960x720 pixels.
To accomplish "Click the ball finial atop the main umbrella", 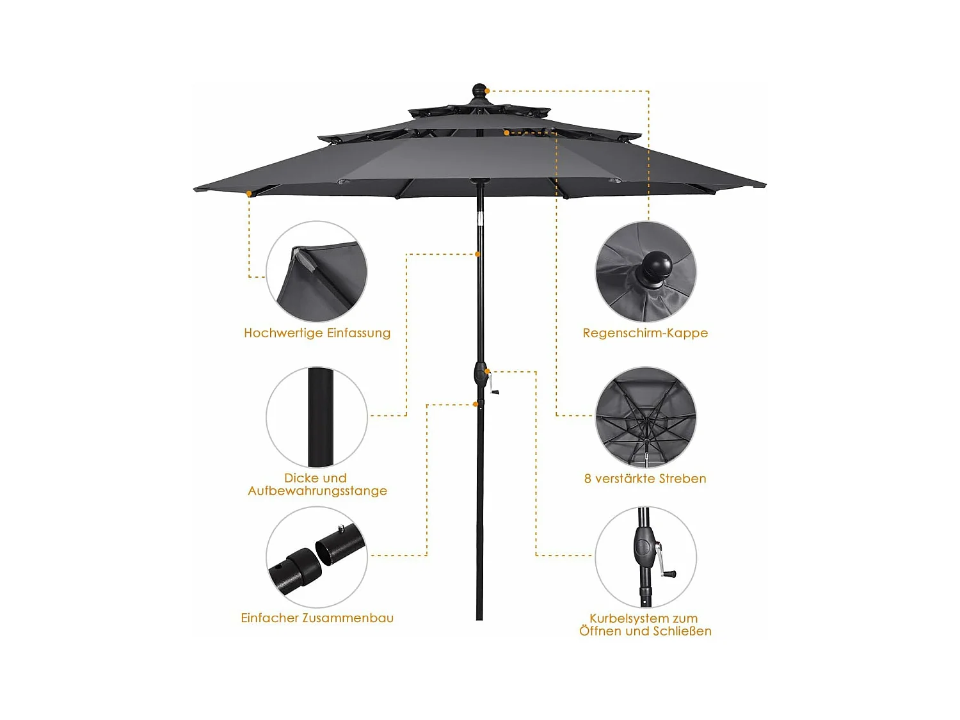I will (479, 90).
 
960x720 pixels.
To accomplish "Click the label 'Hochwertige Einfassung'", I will (317, 333).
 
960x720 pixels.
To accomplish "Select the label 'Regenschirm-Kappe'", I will (645, 333).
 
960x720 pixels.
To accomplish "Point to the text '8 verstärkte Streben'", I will (645, 479).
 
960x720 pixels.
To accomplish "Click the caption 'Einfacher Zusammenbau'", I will (317, 618).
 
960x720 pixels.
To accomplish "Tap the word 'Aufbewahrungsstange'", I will (317, 491).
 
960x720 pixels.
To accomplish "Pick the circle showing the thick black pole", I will (317, 417).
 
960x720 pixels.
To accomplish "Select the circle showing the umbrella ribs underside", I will (646, 417).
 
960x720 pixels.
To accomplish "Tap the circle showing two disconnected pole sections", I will (317, 557).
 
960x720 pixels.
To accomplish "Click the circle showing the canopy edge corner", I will (317, 271).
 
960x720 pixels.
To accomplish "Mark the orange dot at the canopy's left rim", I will (249, 193).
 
